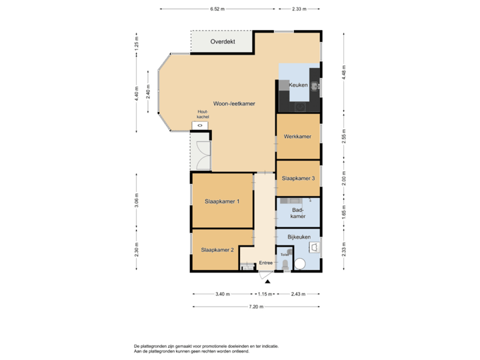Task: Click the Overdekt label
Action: (x=222, y=41)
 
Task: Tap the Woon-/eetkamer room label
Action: (x=234, y=103)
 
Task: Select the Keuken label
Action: (x=298, y=85)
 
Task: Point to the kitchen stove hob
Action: (x=301, y=106)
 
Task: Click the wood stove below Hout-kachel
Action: (x=199, y=125)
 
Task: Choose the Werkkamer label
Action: (x=297, y=137)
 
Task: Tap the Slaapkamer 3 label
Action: (x=297, y=179)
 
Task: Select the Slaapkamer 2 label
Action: (x=217, y=250)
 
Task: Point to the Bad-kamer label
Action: (x=298, y=213)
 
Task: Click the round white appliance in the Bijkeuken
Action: (x=301, y=263)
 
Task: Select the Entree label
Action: (x=266, y=263)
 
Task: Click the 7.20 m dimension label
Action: (x=256, y=307)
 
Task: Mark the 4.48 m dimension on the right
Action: (x=343, y=71)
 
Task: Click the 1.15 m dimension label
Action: (x=265, y=294)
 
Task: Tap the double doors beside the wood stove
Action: (x=201, y=153)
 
